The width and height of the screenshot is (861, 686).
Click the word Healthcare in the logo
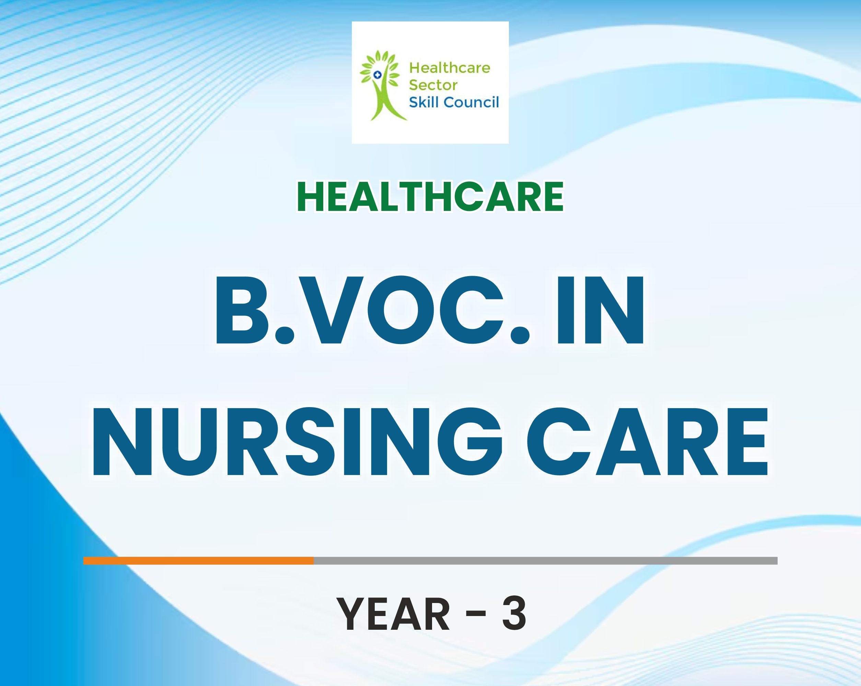point(450,68)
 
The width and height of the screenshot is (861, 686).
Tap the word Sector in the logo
point(433,85)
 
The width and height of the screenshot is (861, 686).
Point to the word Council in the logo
point(471,102)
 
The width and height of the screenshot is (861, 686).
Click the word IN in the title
point(600,310)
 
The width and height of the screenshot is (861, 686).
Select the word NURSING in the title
point(297,441)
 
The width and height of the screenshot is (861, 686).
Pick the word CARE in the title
point(647,441)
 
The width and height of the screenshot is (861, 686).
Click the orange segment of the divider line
point(198,561)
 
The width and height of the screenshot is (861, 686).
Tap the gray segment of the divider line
point(546,561)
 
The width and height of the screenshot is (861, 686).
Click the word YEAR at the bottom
point(394,614)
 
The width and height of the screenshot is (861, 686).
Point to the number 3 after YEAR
point(514,614)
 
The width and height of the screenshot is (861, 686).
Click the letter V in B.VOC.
point(331,310)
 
